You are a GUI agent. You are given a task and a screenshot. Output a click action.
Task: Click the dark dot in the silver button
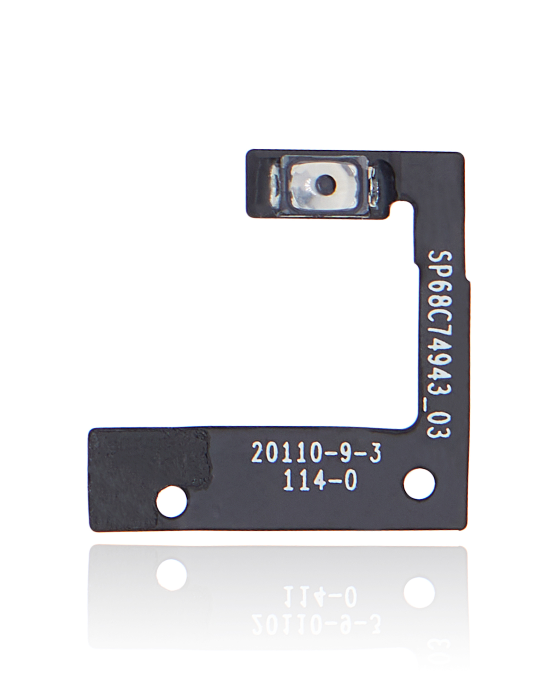point(326,183)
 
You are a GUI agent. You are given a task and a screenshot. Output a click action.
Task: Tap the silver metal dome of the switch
point(327,186)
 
